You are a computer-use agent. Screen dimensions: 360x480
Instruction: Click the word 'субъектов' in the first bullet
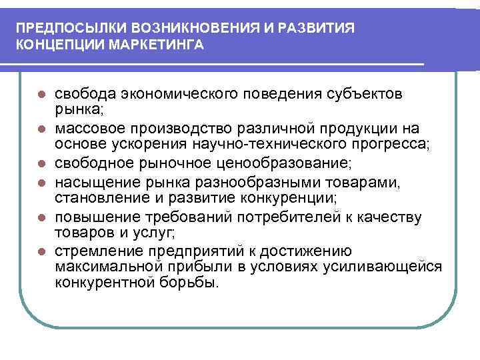click(369, 92)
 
